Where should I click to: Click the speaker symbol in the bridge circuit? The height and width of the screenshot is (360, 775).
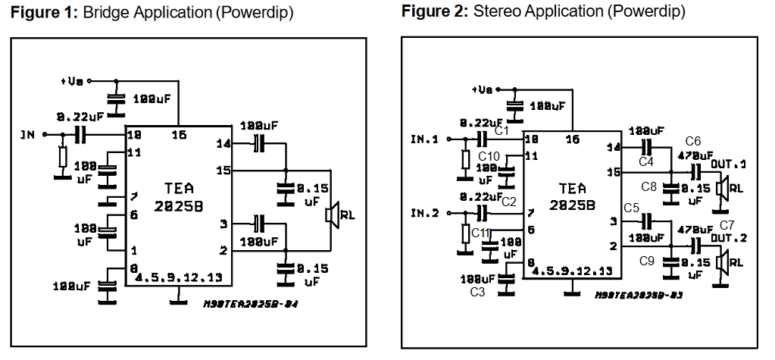click(330, 215)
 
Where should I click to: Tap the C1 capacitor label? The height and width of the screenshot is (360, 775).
click(500, 131)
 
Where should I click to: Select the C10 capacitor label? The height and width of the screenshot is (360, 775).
click(489, 155)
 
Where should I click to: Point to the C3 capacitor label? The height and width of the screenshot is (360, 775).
click(477, 291)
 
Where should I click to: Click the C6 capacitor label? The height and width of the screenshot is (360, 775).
click(693, 141)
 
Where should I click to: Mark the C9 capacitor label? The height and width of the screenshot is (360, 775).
click(646, 261)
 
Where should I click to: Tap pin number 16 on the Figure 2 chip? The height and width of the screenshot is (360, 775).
click(573, 139)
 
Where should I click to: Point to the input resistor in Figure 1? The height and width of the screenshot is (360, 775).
click(62, 158)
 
